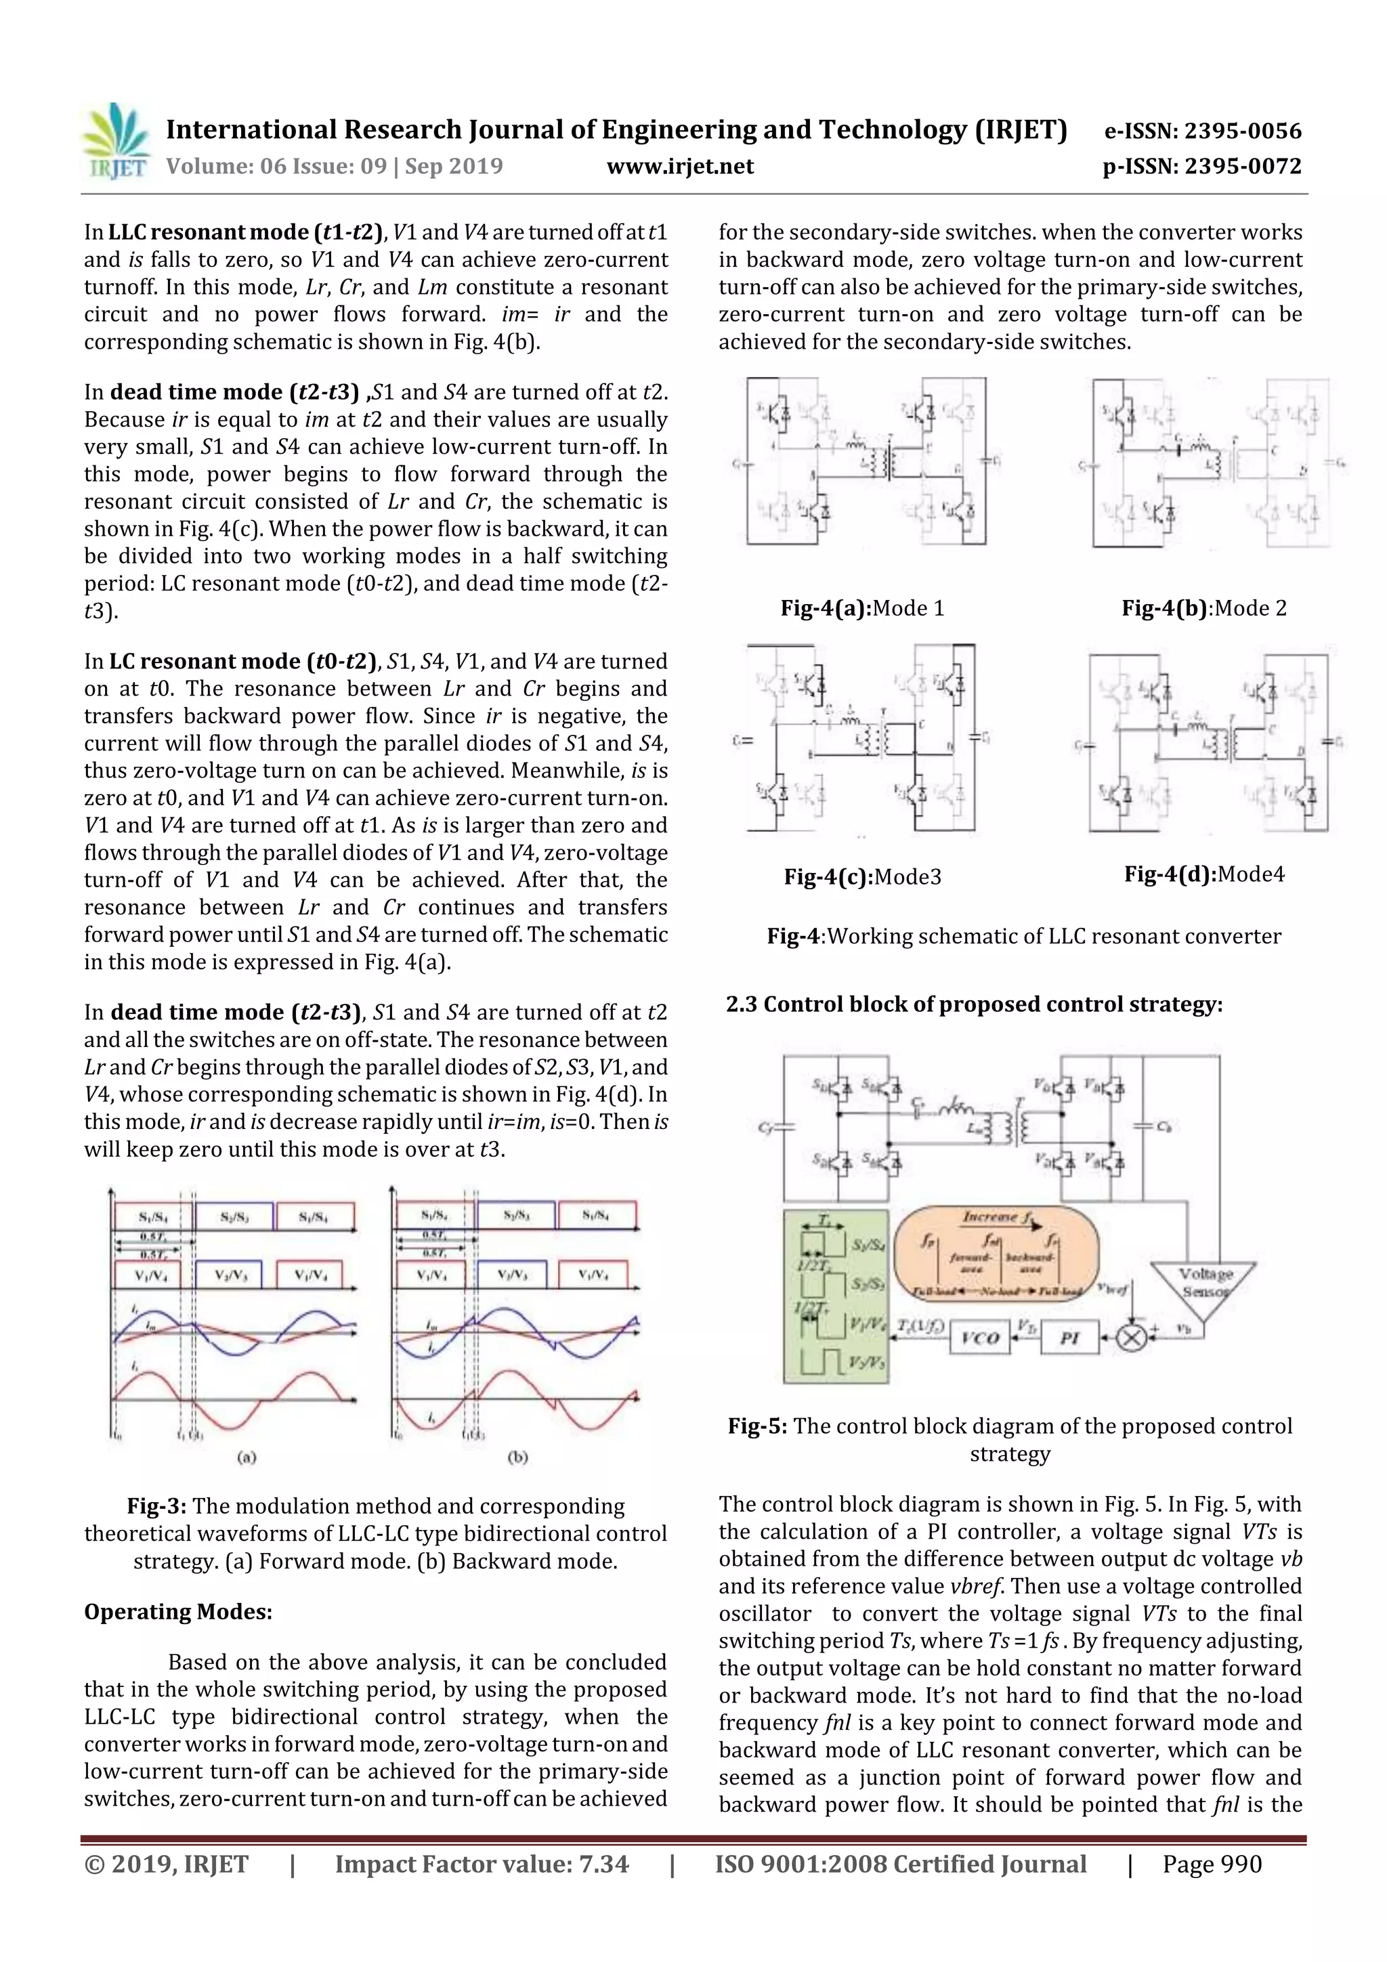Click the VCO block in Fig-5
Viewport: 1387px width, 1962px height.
pyautogui.click(x=979, y=1338)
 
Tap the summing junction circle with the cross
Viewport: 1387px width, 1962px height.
pyautogui.click(x=1132, y=1338)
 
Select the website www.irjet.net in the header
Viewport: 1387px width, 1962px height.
pyautogui.click(x=679, y=166)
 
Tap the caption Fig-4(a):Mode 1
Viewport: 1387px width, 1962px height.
pyautogui.click(x=861, y=608)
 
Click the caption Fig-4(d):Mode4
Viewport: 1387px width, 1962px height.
pyautogui.click(x=1204, y=874)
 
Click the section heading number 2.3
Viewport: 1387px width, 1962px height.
pyautogui.click(x=741, y=1004)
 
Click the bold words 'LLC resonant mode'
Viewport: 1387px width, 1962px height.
pyautogui.click(x=209, y=232)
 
